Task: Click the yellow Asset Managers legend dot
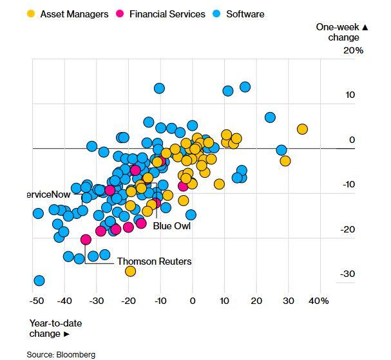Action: point(31,14)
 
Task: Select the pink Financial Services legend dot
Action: point(119,14)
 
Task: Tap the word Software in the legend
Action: point(245,14)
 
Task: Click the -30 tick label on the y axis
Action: point(348,274)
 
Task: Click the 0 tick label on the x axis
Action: point(192,301)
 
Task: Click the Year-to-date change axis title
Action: point(55,328)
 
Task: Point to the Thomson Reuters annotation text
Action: point(154,261)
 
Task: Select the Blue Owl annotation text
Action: point(172,226)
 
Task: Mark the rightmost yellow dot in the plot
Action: point(301,129)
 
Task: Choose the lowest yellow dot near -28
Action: point(131,271)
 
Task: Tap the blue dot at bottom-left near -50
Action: point(39,280)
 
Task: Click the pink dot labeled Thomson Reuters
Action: point(86,240)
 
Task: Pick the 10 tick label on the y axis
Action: point(350,95)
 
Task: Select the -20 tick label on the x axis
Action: point(128,301)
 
